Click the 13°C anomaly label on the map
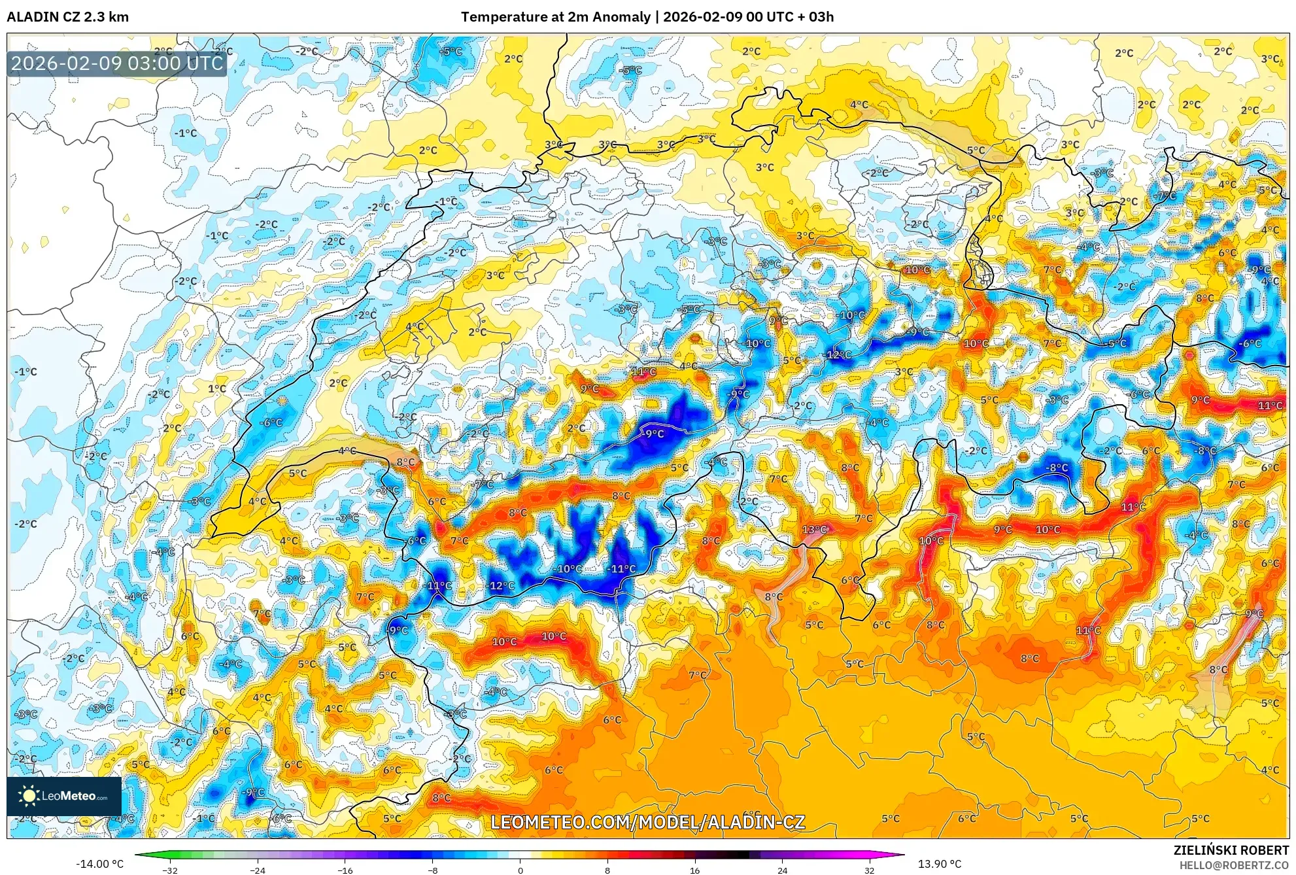coord(815,530)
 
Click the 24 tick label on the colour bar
coord(783,870)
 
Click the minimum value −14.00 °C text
coord(99,864)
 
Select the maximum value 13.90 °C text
coord(940,864)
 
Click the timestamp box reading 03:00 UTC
coord(117,63)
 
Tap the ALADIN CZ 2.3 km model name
coord(67,17)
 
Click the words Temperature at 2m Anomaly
coord(555,17)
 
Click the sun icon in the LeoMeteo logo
coord(29,796)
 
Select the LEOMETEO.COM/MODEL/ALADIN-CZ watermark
coord(647,822)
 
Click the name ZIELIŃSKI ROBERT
coord(1231,850)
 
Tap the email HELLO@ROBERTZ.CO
coord(1234,865)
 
